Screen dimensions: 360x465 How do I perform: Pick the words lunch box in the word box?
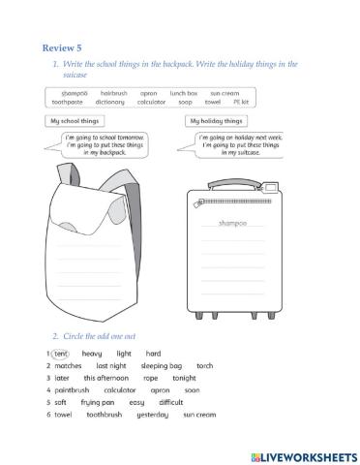(x=184, y=93)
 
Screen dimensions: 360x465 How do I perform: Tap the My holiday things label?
(x=217, y=121)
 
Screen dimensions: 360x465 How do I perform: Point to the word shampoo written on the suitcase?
(x=233, y=223)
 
